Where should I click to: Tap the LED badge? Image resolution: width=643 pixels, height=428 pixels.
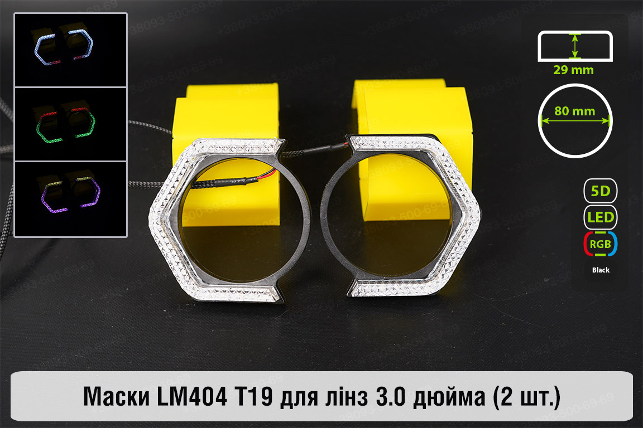pyautogui.click(x=601, y=217)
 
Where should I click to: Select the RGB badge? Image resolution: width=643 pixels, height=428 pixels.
pyautogui.click(x=601, y=244)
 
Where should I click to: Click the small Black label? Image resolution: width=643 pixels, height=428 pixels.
pyautogui.click(x=601, y=270)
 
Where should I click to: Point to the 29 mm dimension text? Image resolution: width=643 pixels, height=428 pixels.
pyautogui.click(x=573, y=70)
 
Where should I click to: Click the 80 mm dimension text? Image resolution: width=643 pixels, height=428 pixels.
pyautogui.click(x=574, y=111)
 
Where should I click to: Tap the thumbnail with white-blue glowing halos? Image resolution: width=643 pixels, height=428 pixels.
pyautogui.click(x=70, y=50)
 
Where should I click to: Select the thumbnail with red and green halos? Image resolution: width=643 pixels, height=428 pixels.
pyautogui.click(x=70, y=124)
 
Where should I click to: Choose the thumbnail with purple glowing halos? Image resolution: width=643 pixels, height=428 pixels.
pyautogui.click(x=70, y=199)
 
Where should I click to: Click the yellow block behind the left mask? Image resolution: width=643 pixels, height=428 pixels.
pyautogui.click(x=229, y=111)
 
